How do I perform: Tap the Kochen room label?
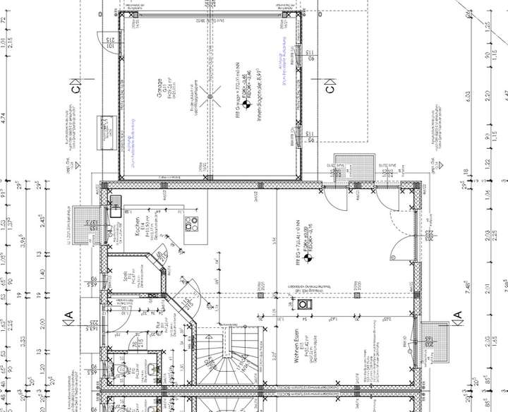click(x=140, y=226)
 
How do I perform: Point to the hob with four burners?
click(x=191, y=224)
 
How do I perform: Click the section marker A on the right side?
click(x=457, y=315)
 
